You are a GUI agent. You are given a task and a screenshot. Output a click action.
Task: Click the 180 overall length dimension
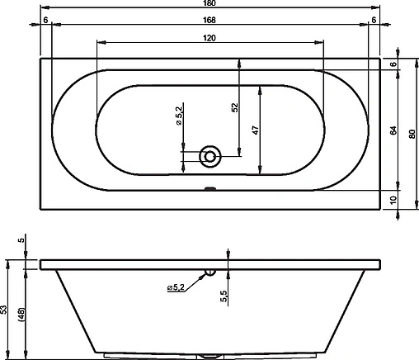point(209,3)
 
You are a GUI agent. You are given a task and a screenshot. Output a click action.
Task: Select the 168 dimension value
point(209,20)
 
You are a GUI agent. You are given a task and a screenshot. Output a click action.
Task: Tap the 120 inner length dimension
point(209,38)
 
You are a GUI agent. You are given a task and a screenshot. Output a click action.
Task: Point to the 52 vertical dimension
point(234,107)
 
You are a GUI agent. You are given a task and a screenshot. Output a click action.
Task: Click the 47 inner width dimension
point(256,130)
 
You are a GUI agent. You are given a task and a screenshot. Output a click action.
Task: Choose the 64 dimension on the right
point(393,130)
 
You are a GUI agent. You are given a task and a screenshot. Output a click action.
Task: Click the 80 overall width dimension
point(412,134)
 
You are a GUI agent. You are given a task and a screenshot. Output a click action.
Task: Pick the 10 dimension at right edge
point(393,200)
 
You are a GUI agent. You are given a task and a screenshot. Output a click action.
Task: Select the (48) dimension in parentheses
point(21,315)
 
